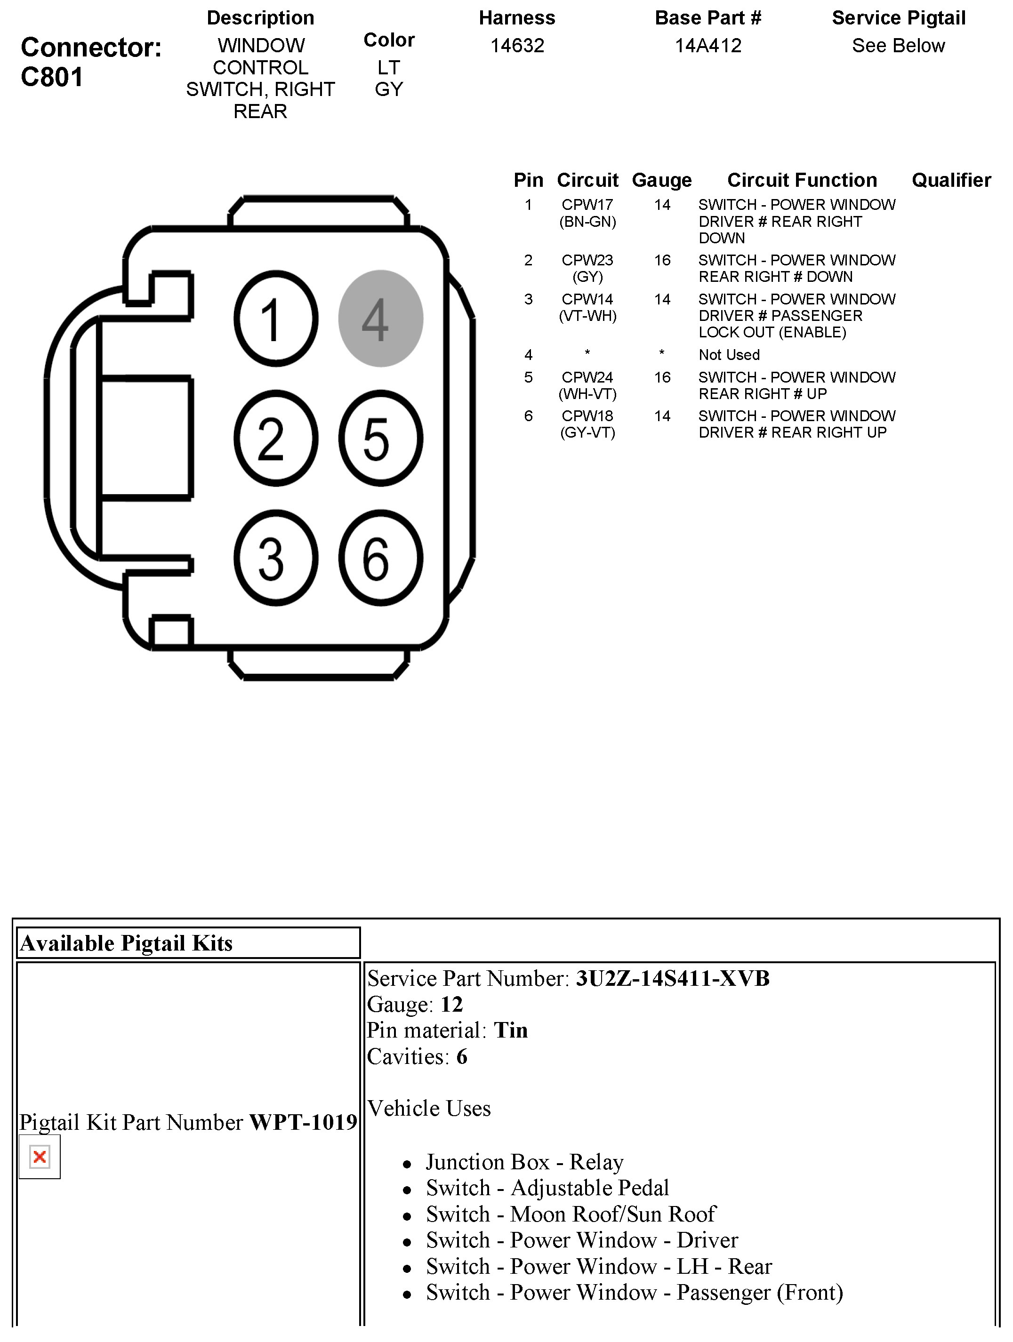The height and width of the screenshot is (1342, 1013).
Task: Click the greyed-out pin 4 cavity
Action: [x=380, y=319]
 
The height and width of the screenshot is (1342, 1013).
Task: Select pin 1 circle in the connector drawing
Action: [x=275, y=319]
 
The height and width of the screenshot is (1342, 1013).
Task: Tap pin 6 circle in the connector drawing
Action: [x=380, y=558]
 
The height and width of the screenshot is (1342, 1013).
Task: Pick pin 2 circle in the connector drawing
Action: [x=275, y=438]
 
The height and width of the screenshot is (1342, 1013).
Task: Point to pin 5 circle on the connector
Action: [x=380, y=438]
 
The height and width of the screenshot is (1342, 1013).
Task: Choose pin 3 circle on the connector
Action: [x=275, y=558]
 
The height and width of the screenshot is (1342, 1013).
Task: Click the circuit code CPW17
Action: [x=587, y=205]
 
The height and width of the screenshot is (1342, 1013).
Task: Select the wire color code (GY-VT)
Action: [x=587, y=432]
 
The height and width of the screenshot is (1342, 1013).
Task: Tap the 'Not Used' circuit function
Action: [x=729, y=355]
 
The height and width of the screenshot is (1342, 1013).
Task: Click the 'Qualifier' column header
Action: [x=951, y=180]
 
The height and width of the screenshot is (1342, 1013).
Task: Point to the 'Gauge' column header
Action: [x=661, y=180]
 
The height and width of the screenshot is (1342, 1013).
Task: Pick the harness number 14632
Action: [x=517, y=46]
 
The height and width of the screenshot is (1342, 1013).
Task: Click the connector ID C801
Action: [x=52, y=77]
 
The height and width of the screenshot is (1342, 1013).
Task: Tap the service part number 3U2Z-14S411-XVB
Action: [x=673, y=979]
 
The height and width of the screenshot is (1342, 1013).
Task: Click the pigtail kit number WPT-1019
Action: [x=303, y=1122]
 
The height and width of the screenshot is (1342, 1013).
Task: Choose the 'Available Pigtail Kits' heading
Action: [x=126, y=943]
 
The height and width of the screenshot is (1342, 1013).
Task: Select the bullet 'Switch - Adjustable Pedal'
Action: [x=547, y=1188]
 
